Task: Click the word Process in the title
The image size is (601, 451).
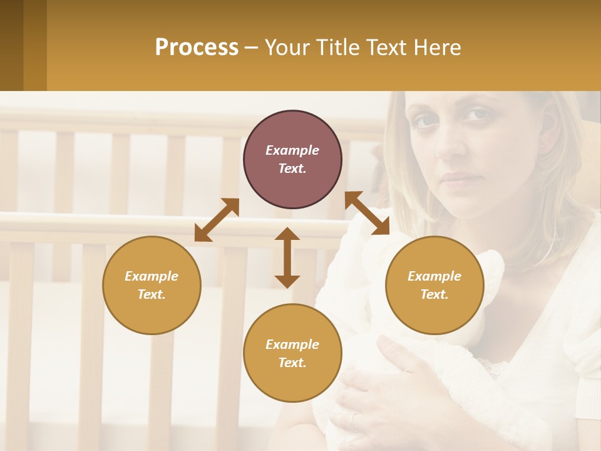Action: (197, 48)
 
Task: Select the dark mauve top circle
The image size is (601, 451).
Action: (292, 160)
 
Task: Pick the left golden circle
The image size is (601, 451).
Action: (152, 285)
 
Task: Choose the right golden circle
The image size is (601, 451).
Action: (434, 285)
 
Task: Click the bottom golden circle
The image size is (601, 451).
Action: (292, 353)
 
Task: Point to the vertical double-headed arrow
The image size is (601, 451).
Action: (287, 257)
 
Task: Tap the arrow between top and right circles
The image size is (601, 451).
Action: (367, 213)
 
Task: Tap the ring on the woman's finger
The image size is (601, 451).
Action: (354, 422)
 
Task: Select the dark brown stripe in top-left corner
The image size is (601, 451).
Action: (11, 45)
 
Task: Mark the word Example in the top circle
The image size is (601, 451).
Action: (292, 150)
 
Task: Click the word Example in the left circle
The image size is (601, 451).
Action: (152, 276)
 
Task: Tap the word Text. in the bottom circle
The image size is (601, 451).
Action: (292, 363)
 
